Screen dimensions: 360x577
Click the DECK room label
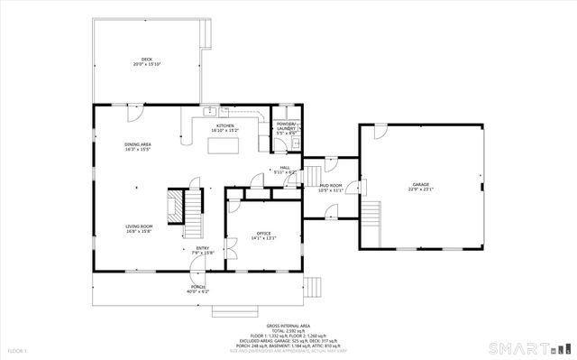pyautogui.click(x=146, y=62)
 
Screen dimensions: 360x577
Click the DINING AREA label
pyautogui.click(x=138, y=147)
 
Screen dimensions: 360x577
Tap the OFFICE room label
pyautogui.click(x=263, y=235)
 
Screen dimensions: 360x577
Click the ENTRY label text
pyautogui.click(x=203, y=250)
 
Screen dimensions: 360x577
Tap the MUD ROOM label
pyautogui.click(x=330, y=188)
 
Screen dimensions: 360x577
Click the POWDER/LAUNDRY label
pyautogui.click(x=287, y=128)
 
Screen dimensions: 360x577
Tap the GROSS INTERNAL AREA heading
pyautogui.click(x=288, y=326)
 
